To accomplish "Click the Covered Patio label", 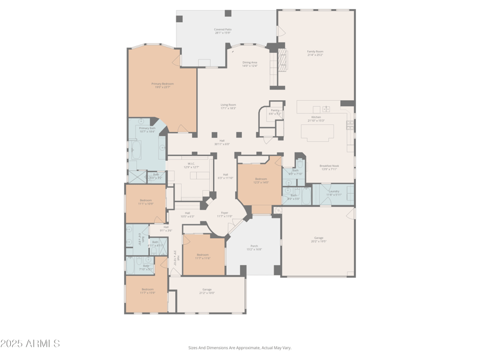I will [223, 31].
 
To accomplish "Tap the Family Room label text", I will [315, 53].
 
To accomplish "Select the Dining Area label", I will [250, 64].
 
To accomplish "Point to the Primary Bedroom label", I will [162, 85].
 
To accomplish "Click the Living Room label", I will [228, 106].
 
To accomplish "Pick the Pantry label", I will [275, 112].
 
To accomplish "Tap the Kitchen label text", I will [316, 118].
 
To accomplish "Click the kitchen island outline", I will [317, 133].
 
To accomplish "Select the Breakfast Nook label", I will [329, 167].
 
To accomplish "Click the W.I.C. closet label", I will [191, 165].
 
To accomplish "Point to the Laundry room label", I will [334, 193].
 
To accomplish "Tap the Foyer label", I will [224, 214].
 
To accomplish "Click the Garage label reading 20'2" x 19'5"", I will [318, 241].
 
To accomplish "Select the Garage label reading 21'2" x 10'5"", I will [207, 291].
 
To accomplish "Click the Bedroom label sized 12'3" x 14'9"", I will [260, 181].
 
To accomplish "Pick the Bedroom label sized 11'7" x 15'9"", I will [147, 291].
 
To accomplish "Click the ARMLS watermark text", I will [30, 344].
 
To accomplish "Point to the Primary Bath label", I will [147, 130].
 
